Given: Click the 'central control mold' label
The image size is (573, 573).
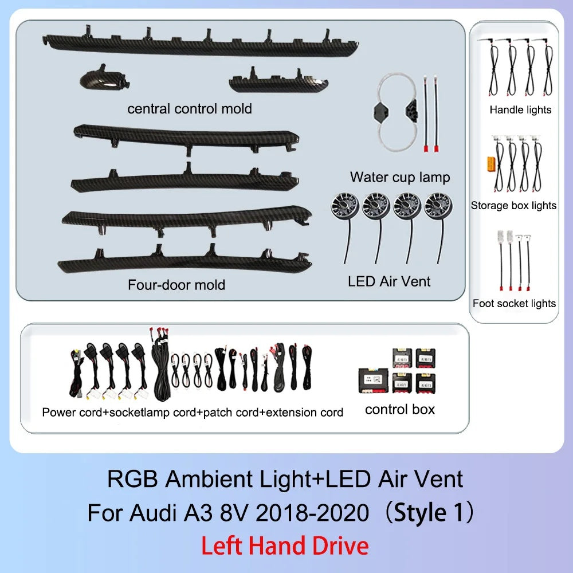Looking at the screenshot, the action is (x=190, y=109).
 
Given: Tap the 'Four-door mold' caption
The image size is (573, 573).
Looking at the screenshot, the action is (x=176, y=285).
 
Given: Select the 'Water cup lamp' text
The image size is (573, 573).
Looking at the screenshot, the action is (x=400, y=178).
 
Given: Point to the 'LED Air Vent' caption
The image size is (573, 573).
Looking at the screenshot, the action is (x=389, y=281).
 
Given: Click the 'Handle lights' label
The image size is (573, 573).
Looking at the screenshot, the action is (x=520, y=109).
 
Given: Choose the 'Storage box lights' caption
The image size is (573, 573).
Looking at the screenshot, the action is (x=513, y=205).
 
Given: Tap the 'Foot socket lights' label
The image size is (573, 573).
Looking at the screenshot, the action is (x=514, y=303).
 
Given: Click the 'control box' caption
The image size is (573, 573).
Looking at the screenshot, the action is (x=400, y=410).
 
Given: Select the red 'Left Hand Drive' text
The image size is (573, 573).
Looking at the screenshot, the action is (x=285, y=546).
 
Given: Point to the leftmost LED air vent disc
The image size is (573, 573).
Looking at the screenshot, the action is (x=345, y=205).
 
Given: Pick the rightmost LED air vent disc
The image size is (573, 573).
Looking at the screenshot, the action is (x=438, y=205).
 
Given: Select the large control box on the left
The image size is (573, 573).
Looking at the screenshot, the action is (x=373, y=380).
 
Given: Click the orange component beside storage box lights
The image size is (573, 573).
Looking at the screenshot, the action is (x=491, y=164).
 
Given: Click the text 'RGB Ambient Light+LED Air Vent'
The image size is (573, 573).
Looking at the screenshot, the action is (x=285, y=479).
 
